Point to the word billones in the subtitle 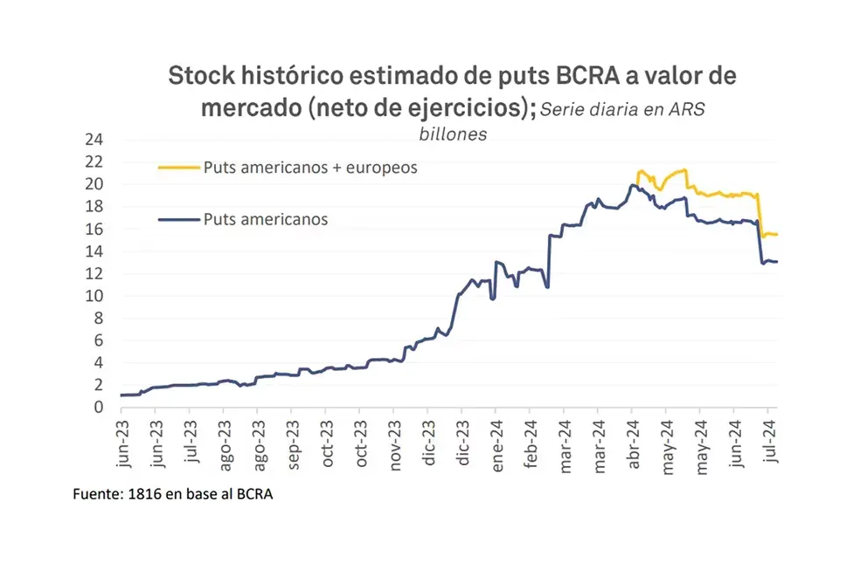[450, 134]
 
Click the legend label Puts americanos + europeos [310, 168]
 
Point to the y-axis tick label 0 [99, 407]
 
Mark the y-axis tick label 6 [99, 340]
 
